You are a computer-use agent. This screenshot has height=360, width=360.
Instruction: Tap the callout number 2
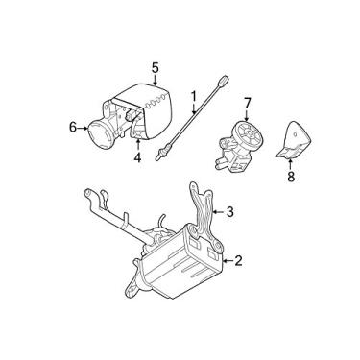point(238,259)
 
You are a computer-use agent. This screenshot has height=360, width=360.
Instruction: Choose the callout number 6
point(72,125)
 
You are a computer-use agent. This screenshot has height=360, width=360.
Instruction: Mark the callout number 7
point(247,102)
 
